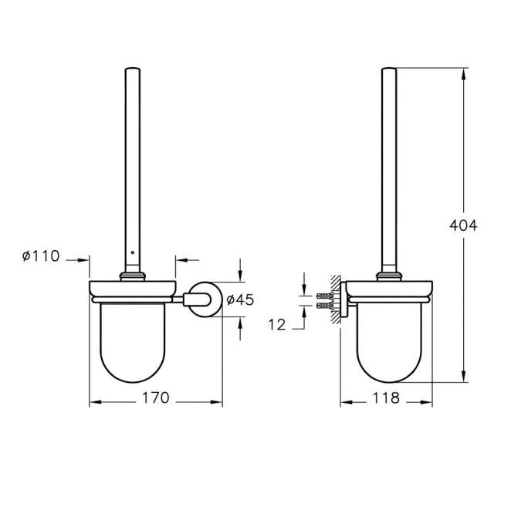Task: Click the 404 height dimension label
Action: pyautogui.click(x=463, y=226)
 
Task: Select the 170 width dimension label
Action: pyautogui.click(x=156, y=399)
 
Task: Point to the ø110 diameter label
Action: pyautogui.click(x=41, y=256)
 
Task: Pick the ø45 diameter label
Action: pyautogui.click(x=240, y=300)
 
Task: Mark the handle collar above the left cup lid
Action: pyautogui.click(x=133, y=274)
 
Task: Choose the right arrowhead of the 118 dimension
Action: pyautogui.click(x=428, y=402)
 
